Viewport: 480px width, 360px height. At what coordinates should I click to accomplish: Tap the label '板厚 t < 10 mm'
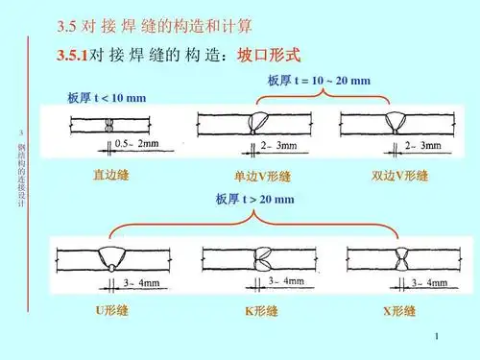tap(107, 99)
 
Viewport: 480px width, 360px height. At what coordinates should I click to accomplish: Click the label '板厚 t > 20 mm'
tap(255, 200)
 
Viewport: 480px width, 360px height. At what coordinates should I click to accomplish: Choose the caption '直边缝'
tap(110, 175)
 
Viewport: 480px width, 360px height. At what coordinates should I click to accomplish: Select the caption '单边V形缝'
tap(262, 177)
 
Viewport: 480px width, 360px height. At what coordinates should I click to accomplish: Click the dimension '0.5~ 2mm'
tap(135, 144)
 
